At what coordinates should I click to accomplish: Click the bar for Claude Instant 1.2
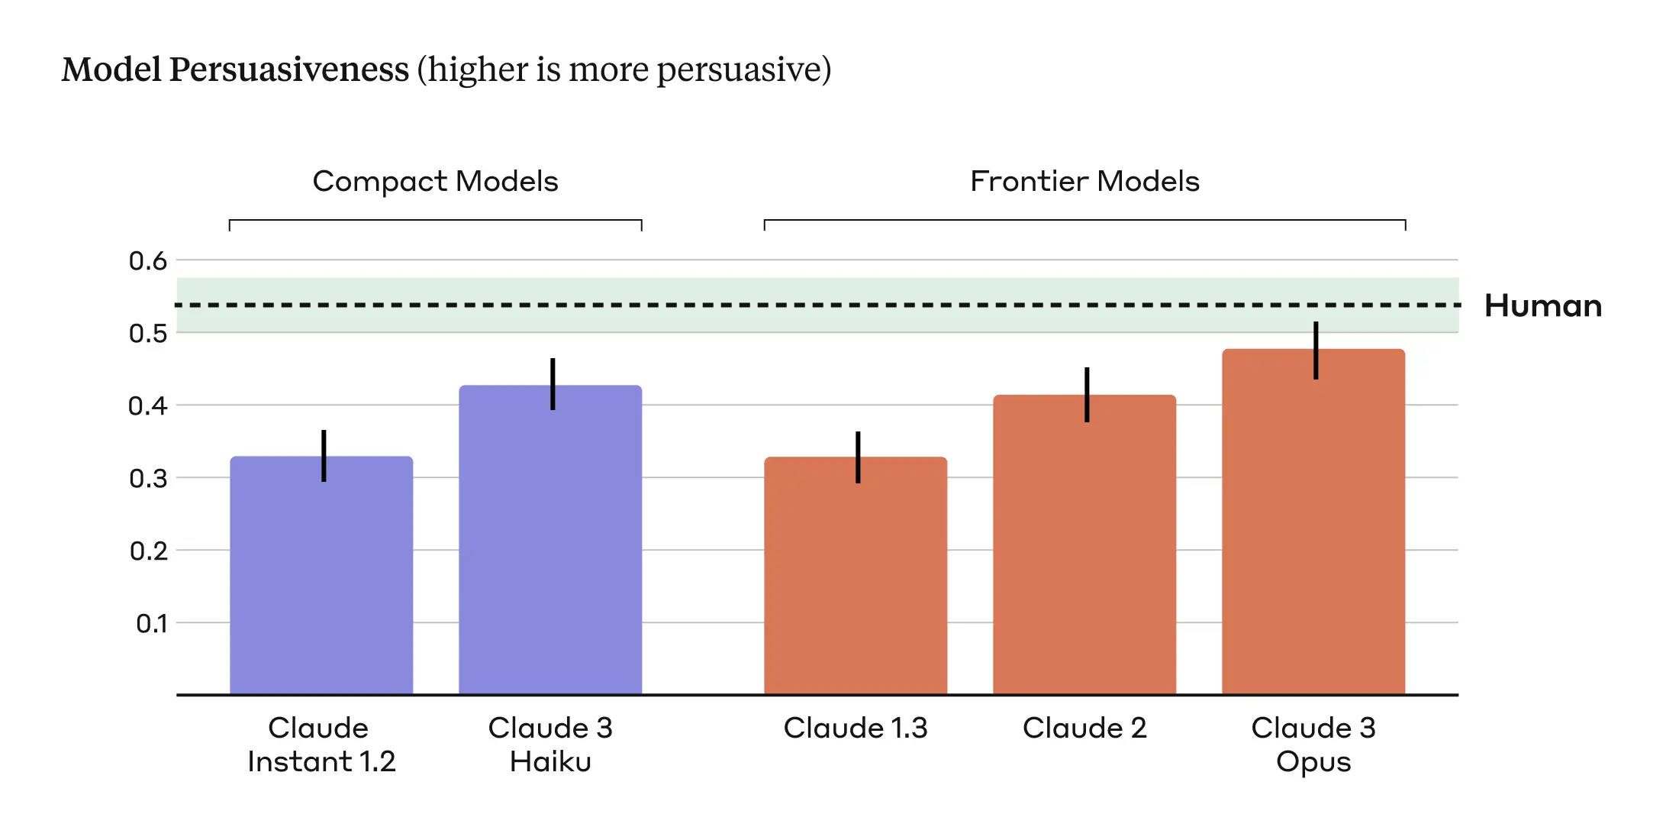click(321, 580)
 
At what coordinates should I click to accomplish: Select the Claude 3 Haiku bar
click(550, 542)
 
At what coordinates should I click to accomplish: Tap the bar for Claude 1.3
click(856, 580)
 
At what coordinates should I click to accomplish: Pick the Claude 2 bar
click(1084, 550)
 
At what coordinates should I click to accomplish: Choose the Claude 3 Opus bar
click(1313, 527)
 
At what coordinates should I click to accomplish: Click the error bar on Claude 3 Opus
click(1316, 350)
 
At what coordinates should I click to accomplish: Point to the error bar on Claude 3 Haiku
click(553, 383)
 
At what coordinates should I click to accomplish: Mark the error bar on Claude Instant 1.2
click(324, 455)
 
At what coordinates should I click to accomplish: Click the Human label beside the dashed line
click(1542, 305)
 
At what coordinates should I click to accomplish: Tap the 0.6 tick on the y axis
click(147, 261)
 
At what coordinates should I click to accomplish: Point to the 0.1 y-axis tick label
click(151, 624)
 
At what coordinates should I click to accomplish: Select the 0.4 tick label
click(147, 406)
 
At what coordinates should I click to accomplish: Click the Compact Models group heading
click(435, 182)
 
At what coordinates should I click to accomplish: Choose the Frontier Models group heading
click(1084, 182)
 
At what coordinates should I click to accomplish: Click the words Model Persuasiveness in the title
click(235, 69)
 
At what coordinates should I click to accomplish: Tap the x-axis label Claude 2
click(1084, 728)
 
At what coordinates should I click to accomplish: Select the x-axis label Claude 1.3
click(856, 728)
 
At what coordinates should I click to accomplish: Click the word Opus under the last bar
click(1313, 762)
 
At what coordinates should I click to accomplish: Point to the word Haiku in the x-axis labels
click(550, 762)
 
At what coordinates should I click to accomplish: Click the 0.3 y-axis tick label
click(147, 479)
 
